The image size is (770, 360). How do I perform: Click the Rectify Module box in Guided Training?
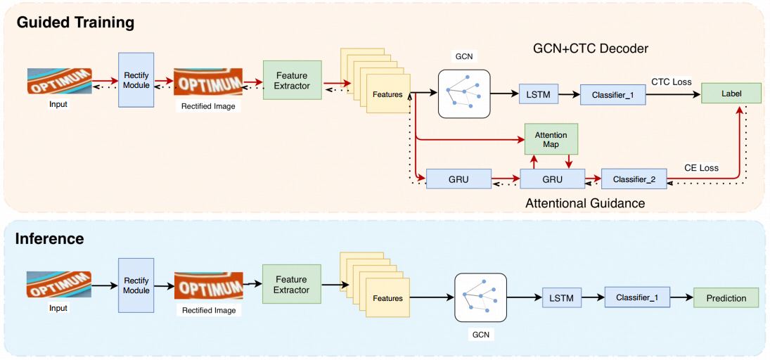click(136, 79)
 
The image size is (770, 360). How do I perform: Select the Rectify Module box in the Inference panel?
click(136, 285)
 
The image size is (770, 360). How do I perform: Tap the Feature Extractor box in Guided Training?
click(293, 80)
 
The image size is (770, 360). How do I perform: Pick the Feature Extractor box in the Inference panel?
click(292, 284)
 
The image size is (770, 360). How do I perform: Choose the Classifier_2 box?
click(634, 179)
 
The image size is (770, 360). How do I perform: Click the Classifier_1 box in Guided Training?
click(613, 94)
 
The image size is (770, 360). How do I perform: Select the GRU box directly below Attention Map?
click(553, 179)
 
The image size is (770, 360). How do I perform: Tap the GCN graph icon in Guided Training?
click(464, 94)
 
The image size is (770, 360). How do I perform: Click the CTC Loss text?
click(672, 82)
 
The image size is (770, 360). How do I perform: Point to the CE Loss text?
click(701, 168)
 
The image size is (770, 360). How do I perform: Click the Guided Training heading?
click(75, 22)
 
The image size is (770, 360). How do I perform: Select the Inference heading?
click(50, 239)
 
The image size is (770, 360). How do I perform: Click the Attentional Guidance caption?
click(585, 202)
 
